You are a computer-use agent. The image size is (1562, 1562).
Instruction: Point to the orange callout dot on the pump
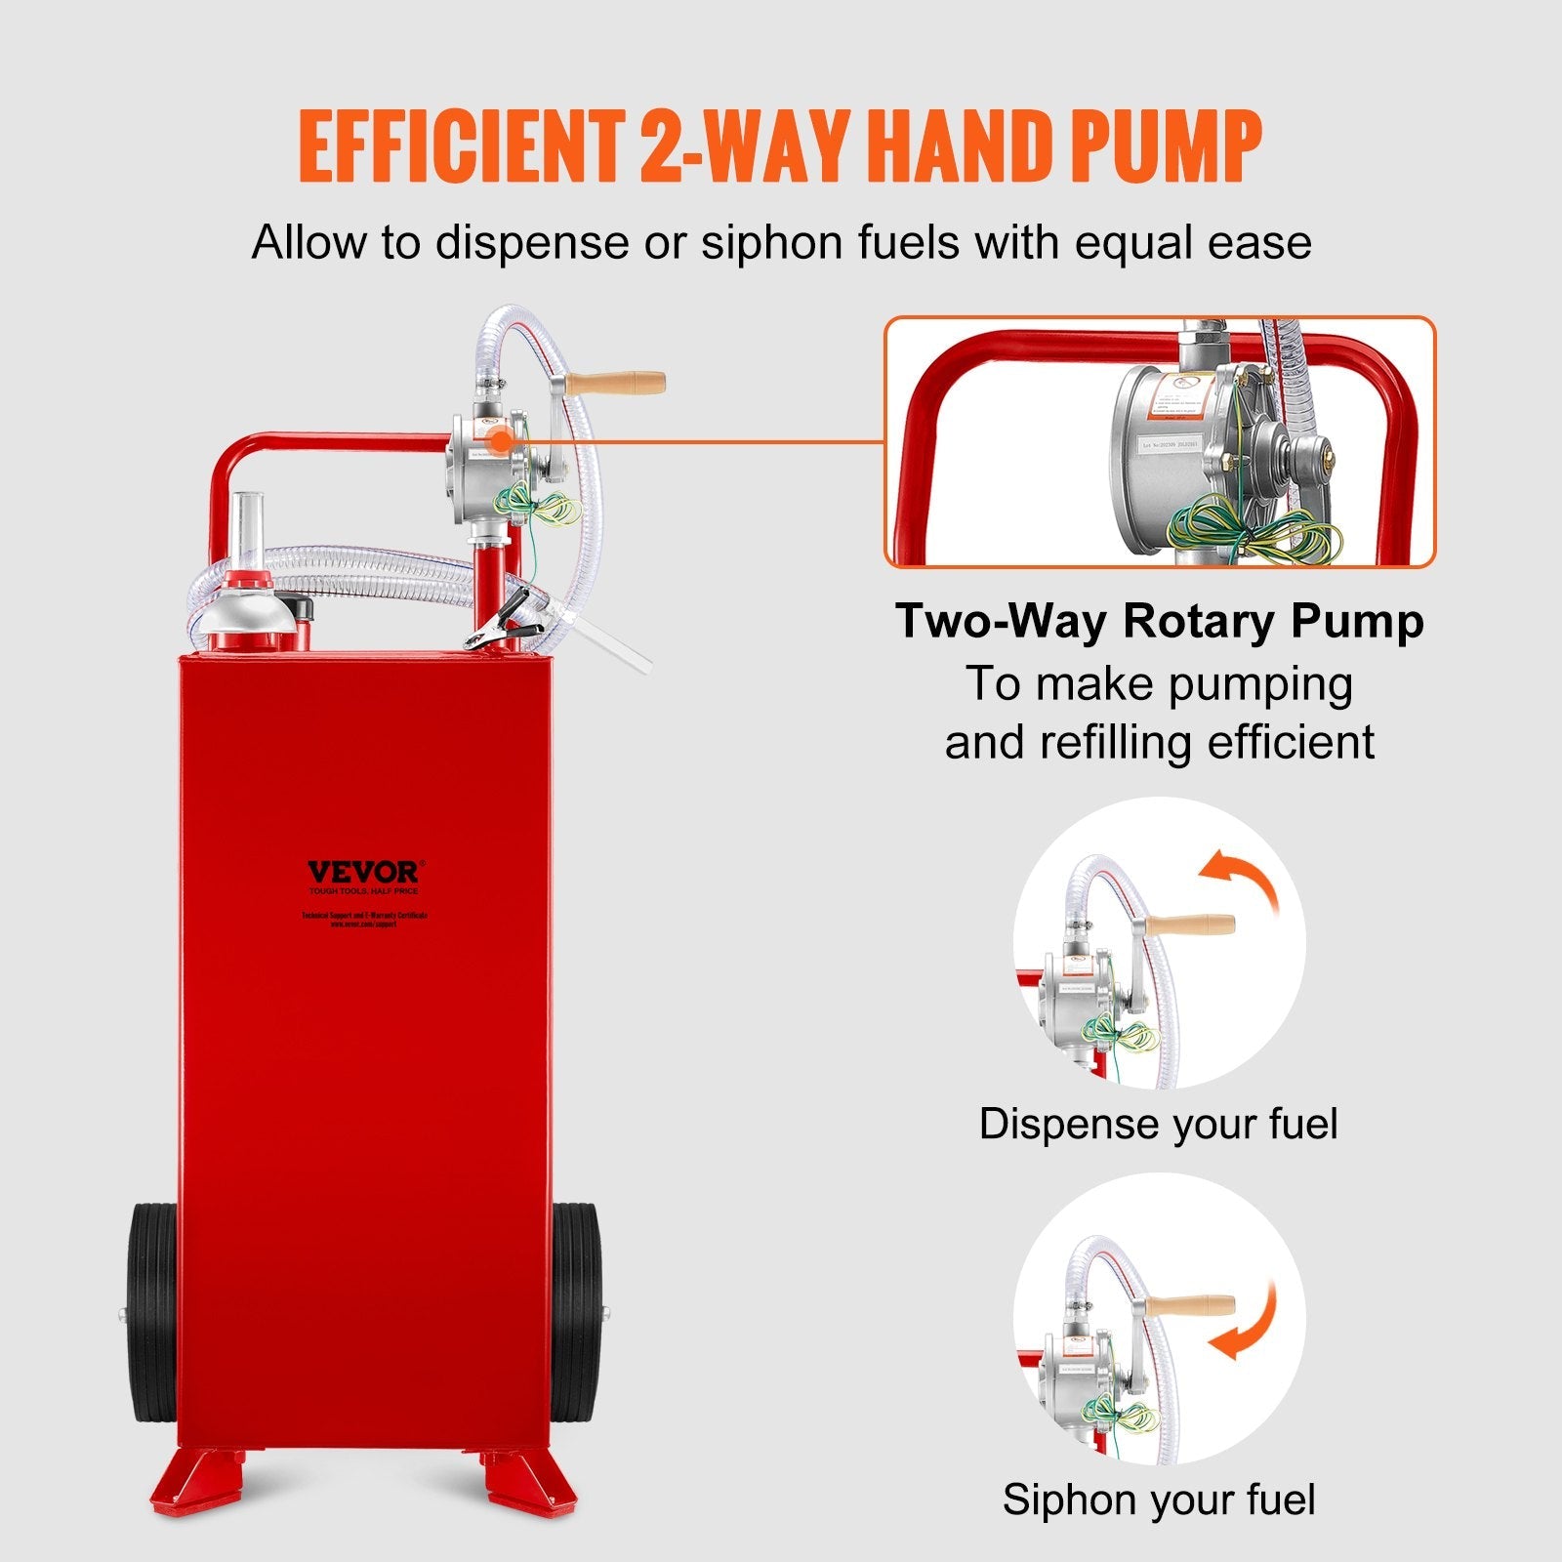pyautogui.click(x=500, y=440)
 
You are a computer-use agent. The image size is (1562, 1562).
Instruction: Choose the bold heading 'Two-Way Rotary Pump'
pyautogui.click(x=1159, y=621)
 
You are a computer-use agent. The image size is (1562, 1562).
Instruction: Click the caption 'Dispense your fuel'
pyautogui.click(x=1158, y=1125)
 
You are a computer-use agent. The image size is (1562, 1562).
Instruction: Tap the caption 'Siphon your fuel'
pyautogui.click(x=1158, y=1500)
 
